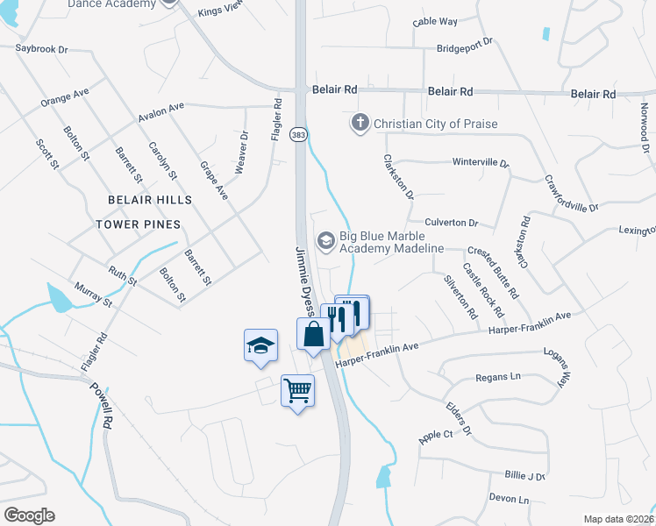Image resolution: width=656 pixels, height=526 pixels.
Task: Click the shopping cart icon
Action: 297,389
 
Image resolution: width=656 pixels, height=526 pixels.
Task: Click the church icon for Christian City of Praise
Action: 360,123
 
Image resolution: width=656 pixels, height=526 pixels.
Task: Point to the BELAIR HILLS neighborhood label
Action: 149,200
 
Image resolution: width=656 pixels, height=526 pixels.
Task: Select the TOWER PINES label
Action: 138,224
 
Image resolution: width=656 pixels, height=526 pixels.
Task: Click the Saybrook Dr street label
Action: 41,50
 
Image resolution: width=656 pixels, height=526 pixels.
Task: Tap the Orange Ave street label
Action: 64,97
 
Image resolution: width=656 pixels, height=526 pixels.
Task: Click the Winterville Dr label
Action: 480,163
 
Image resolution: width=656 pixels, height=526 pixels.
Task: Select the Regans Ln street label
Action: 497,376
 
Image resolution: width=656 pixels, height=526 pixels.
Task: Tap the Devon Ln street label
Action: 509,499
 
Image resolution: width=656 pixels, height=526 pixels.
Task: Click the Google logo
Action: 29,515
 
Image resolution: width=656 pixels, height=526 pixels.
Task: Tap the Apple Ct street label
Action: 435,435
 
